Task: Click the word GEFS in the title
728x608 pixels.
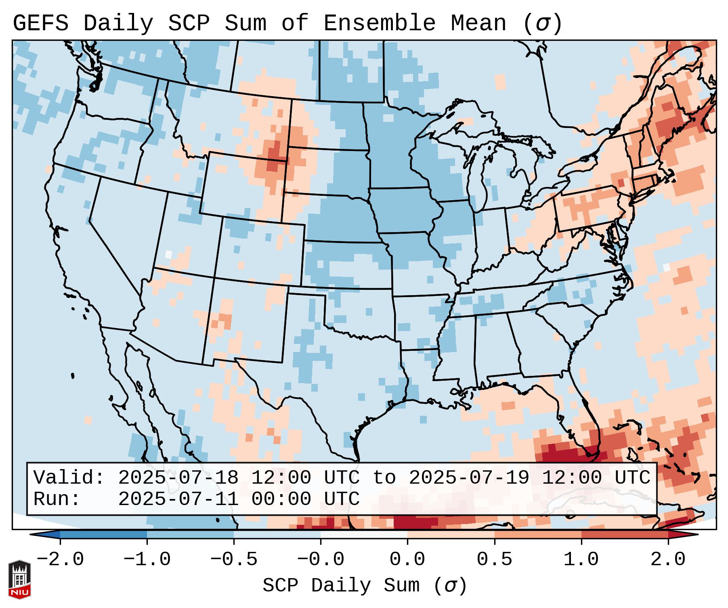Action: click(40, 23)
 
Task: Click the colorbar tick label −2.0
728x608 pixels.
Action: click(60, 560)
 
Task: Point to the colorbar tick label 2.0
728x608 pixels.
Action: click(668, 560)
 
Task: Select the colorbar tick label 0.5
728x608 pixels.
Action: click(494, 560)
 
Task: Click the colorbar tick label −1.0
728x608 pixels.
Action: click(147, 560)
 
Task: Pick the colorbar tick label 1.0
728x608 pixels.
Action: click(581, 560)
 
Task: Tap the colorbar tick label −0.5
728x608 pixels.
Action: click(234, 560)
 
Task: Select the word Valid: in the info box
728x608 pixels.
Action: click(69, 478)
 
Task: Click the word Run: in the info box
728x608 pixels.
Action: click(57, 499)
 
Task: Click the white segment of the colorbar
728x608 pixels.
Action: click(364, 535)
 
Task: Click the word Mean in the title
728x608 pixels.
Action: click(478, 23)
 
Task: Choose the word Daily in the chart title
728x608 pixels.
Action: click(118, 23)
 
